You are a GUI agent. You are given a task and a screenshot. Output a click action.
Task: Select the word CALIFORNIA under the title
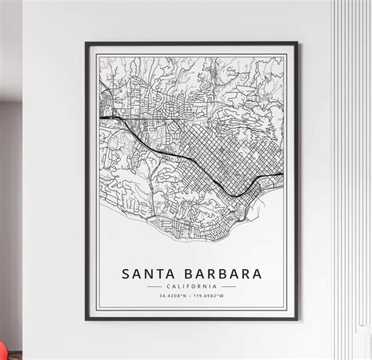tap(191, 288)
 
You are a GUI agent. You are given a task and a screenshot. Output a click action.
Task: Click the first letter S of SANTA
tap(126, 275)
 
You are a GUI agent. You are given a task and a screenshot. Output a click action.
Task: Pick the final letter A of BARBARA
tap(256, 275)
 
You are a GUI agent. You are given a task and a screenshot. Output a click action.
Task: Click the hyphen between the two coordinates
tap(191, 296)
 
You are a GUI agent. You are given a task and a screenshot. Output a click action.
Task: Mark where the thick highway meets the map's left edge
tap(100, 118)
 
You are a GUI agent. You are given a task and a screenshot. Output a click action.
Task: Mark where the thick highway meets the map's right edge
tap(283, 173)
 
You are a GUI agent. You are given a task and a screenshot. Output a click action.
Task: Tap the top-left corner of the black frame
tap(86, 43)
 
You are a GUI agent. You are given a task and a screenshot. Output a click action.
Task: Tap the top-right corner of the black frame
tap(297, 43)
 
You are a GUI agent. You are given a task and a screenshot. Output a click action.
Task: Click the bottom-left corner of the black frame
tap(86, 320)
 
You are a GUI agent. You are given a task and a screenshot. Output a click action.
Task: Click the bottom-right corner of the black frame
tap(297, 320)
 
